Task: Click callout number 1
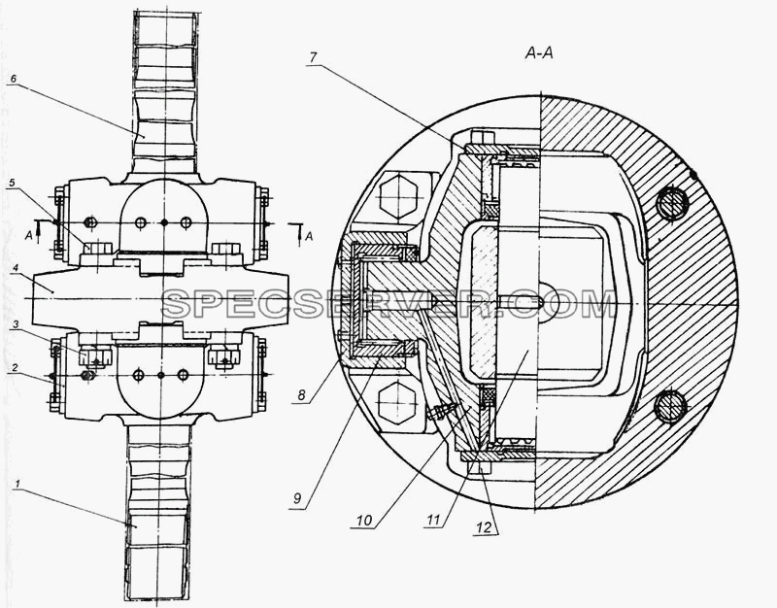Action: [17, 483]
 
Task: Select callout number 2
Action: [15, 368]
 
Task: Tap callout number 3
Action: [16, 324]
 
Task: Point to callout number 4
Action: [16, 269]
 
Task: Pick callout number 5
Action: [12, 183]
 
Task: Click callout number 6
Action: [13, 79]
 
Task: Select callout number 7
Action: [313, 57]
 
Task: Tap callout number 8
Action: [301, 395]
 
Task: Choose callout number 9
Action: [297, 498]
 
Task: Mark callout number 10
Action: [363, 521]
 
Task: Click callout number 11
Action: [433, 520]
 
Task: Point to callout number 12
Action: [484, 527]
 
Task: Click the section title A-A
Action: [539, 53]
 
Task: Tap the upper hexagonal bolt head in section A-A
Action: [397, 195]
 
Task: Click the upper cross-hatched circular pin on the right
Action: [672, 204]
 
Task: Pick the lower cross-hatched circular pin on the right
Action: [670, 407]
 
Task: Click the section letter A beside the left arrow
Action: [29, 236]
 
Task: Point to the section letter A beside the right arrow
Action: [309, 236]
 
